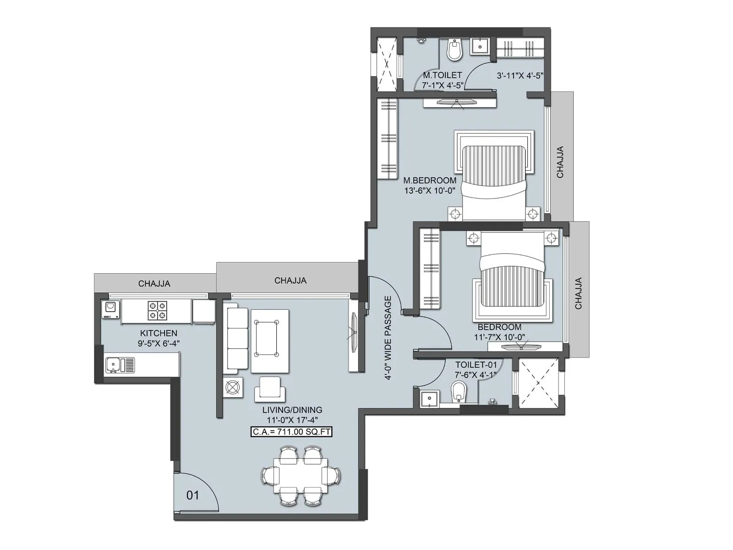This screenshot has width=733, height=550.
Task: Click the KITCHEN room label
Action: pos(159,333)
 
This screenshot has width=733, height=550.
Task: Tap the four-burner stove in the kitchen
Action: pos(157,310)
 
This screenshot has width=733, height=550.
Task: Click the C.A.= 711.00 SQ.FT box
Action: pos(291,432)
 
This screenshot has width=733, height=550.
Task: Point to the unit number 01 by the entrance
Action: pos(193,495)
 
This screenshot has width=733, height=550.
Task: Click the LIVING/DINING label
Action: pos(292,410)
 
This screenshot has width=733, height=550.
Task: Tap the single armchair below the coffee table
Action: pos(270,388)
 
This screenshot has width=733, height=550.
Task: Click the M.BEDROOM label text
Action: pos(430,180)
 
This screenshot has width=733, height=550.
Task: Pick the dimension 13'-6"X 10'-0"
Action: pos(430,191)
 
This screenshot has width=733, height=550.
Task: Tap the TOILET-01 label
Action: pos(476,365)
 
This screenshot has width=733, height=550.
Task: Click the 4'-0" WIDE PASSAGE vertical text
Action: pos(388,338)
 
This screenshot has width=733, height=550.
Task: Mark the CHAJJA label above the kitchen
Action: pos(154,284)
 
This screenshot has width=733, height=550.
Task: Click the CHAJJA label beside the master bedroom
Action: pos(560,162)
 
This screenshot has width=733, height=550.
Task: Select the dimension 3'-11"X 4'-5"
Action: pos(520,76)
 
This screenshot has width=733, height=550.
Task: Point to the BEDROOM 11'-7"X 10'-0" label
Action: pos(499,332)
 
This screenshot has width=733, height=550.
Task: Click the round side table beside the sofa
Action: pos(233,388)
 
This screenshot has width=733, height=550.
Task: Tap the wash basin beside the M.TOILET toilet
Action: pos(480,46)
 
